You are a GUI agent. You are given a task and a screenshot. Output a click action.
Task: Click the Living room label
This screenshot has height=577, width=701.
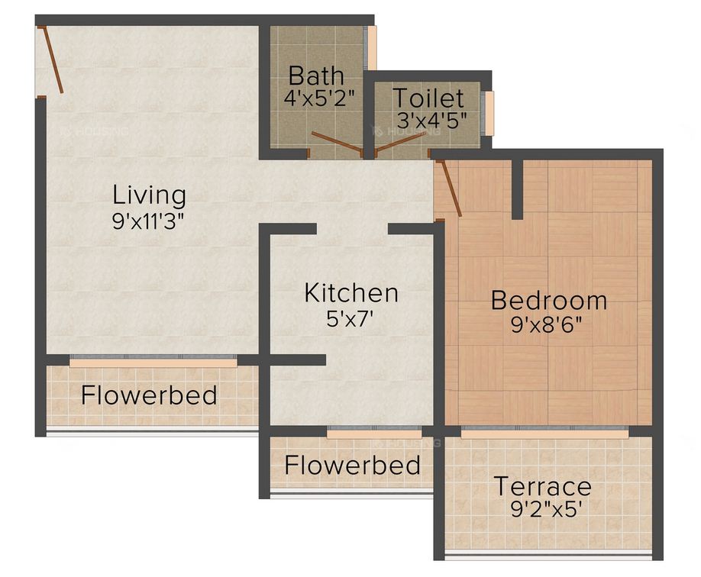point(149,195)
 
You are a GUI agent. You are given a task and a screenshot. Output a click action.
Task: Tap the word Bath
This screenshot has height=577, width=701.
point(316,76)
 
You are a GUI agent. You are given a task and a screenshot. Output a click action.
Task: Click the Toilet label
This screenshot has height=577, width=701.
point(428,98)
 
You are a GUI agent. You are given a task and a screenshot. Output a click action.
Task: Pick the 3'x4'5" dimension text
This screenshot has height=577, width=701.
point(431,121)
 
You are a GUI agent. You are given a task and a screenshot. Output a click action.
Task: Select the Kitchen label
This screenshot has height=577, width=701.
point(351,292)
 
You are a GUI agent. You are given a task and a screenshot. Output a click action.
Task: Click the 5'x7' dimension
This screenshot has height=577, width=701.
point(350,318)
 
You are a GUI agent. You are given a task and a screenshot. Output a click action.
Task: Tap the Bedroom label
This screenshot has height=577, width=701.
point(549,300)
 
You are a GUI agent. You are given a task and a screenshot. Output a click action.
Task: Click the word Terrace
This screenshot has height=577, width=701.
point(542,485)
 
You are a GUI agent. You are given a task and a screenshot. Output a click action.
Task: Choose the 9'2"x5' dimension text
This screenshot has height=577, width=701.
point(543,509)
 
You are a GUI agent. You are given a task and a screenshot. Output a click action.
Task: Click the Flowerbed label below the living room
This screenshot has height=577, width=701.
point(149,395)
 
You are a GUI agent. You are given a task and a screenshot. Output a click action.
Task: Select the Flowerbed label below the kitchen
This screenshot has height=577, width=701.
point(352,465)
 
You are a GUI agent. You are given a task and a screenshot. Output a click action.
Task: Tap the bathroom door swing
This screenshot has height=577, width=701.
point(336,143)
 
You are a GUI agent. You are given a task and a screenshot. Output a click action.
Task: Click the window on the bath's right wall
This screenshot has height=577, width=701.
point(373,48)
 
